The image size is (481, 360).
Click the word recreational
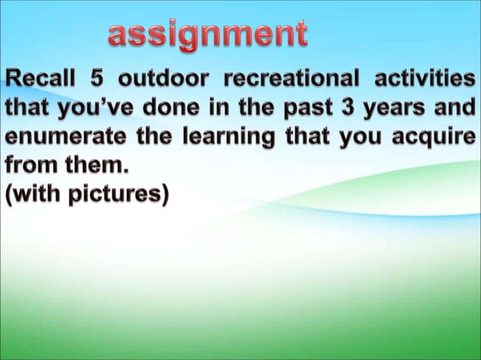point(300,79)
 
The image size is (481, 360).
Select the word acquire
point(432,140)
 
